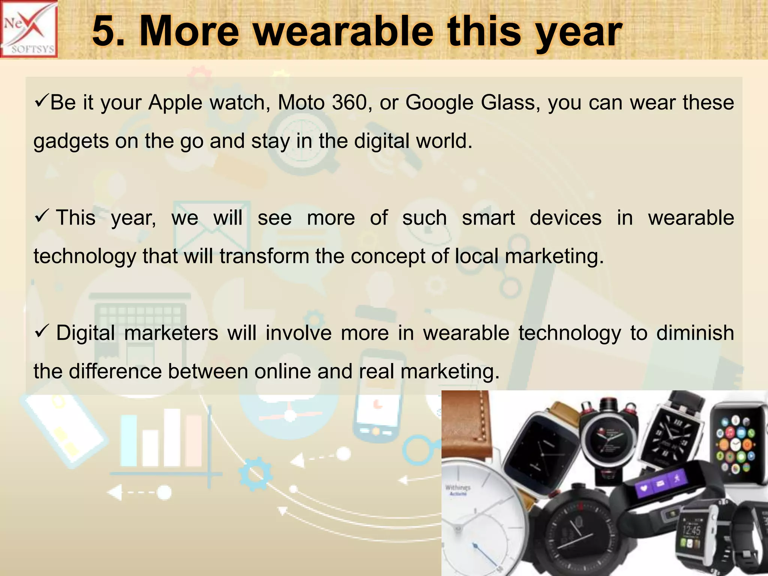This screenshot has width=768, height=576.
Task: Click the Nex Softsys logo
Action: coord(29,29)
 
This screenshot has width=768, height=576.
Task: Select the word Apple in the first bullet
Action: coord(175,102)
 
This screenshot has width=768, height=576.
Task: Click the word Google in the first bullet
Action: coord(439,102)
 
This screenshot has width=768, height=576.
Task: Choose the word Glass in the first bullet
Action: coord(510,102)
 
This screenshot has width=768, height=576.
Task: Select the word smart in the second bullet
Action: coord(488,218)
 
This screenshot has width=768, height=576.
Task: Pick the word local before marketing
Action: coord(476,256)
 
